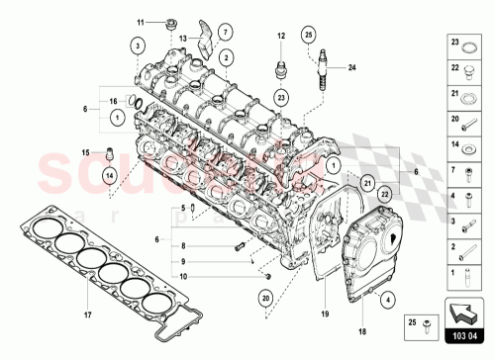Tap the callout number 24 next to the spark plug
click(349, 67)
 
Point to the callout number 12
click(280, 36)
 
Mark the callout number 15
click(85, 151)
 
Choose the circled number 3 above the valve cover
click(139, 44)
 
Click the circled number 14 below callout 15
click(110, 175)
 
